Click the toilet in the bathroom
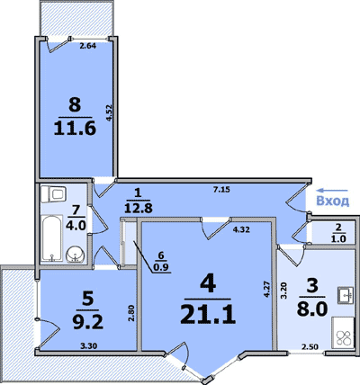click(53, 194)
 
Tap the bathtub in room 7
click(52, 237)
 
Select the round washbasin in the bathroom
click(75, 255)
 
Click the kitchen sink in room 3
click(346, 295)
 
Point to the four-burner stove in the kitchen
click(343, 333)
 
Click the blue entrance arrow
click(333, 190)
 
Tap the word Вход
click(333, 201)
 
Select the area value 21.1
click(208, 315)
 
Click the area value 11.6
click(75, 129)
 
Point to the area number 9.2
click(88, 323)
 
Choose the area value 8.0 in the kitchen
click(311, 309)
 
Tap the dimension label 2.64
click(87, 46)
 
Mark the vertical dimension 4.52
click(109, 112)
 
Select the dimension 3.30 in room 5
click(89, 346)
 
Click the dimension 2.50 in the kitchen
click(310, 347)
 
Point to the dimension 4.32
click(242, 230)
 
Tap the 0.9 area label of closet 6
click(161, 268)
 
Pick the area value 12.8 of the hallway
click(139, 208)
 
